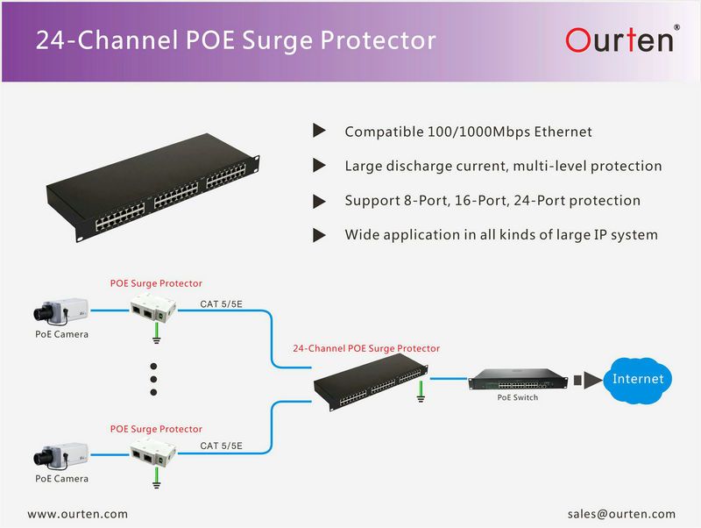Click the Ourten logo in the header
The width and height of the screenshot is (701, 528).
point(619,39)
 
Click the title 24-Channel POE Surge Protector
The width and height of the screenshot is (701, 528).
point(235,40)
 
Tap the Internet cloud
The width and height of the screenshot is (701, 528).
point(637,379)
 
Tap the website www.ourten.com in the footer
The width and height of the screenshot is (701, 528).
point(78,514)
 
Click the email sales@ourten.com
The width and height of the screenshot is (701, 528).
point(621,514)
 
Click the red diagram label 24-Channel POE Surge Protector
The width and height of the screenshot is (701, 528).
point(366,348)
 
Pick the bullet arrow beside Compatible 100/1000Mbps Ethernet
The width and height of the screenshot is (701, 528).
point(319,132)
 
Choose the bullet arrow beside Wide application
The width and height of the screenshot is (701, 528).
point(319,234)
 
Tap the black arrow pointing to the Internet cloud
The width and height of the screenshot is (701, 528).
point(592,380)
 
